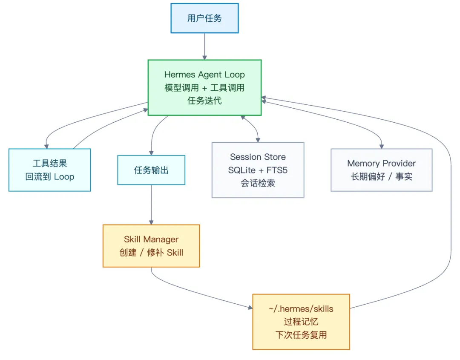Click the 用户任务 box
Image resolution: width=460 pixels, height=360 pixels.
pyautogui.click(x=204, y=18)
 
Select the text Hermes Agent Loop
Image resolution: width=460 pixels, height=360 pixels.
pyautogui.click(x=204, y=75)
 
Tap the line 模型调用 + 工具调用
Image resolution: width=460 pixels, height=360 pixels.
pyautogui.click(x=204, y=88)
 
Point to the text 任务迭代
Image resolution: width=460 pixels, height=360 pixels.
pyautogui.click(x=204, y=101)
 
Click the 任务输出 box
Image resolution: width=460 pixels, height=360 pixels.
pyautogui.click(x=151, y=170)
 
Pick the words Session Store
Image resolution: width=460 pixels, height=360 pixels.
pyautogui.click(x=258, y=157)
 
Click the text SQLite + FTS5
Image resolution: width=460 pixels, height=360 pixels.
pyautogui.click(x=258, y=170)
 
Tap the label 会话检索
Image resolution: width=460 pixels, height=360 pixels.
pyautogui.click(x=258, y=184)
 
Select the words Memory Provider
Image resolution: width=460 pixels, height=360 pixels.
pyautogui.click(x=381, y=163)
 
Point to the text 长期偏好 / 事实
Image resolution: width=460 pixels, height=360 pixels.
pyautogui.click(x=381, y=176)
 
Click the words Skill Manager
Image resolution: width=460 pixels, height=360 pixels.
pyautogui.click(x=151, y=239)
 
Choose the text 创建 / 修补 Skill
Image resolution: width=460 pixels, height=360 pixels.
pyautogui.click(x=151, y=252)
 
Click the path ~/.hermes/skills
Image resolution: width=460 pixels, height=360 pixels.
pyautogui.click(x=301, y=308)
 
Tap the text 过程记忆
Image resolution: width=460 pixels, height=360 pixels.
pyautogui.click(x=301, y=322)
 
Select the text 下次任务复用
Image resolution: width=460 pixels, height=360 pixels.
pyautogui.click(x=301, y=335)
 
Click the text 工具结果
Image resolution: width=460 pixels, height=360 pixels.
pyautogui.click(x=50, y=163)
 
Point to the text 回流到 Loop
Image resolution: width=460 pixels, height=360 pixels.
pyautogui.click(x=50, y=176)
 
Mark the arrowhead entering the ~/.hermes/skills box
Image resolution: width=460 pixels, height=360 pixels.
pyautogui.click(x=249, y=307)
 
